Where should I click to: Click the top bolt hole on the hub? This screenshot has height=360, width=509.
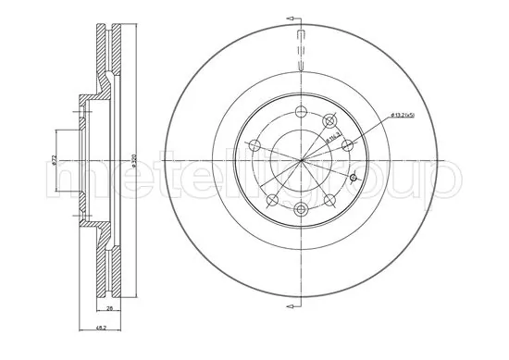(x=303, y=112)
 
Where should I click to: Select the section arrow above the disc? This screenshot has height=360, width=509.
(x=298, y=18)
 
